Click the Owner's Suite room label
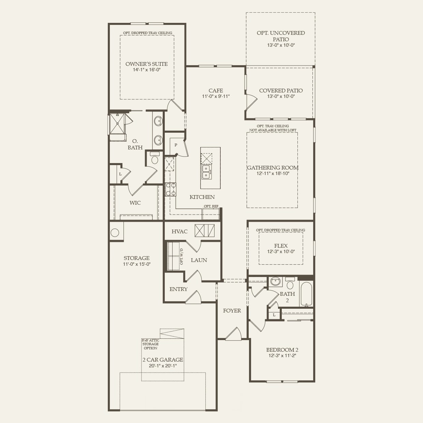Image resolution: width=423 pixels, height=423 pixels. (146, 64)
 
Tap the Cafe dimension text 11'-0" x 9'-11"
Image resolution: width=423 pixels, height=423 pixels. (216, 96)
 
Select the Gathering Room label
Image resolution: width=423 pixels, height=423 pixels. (273, 168)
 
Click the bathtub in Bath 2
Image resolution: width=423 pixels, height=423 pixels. (306, 294)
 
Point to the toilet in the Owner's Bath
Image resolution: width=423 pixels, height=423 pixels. (155, 158)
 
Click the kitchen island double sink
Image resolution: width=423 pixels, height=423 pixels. (206, 172)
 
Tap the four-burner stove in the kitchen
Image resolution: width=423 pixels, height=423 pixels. (171, 189)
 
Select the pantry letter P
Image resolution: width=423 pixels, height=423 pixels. (176, 145)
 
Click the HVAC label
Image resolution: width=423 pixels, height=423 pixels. (179, 231)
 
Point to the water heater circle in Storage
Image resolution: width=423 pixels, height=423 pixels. (115, 232)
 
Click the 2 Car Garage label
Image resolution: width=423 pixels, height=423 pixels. (163, 360)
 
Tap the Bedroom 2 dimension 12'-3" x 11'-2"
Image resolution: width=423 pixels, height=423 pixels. (282, 355)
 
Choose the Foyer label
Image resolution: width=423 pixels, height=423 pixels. (232, 311)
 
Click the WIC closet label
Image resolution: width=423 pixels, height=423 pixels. (135, 203)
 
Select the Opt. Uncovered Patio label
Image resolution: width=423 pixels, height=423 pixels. (281, 36)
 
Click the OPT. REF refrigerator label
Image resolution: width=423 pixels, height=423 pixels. (211, 206)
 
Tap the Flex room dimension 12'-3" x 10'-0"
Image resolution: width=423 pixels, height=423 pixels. (281, 251)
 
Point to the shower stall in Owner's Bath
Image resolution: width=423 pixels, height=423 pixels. (118, 123)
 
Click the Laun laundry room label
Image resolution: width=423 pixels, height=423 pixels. (199, 260)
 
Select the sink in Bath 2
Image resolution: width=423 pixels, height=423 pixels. (275, 281)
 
